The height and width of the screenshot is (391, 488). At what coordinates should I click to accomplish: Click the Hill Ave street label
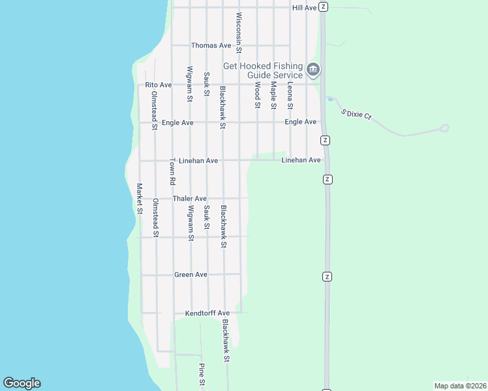coord(304,7)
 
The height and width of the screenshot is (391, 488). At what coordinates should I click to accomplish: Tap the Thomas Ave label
coord(211,46)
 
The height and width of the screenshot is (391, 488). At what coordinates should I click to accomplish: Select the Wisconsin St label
coord(239,33)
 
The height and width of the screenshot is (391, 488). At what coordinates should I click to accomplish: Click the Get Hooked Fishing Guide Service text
coord(263,70)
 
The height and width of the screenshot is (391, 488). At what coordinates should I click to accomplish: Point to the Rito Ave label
coord(158,85)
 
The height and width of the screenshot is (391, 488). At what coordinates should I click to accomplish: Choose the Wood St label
coord(258,95)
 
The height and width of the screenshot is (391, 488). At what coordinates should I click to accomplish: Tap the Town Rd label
coord(173,171)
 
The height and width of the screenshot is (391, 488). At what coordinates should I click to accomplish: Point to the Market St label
coord(140,198)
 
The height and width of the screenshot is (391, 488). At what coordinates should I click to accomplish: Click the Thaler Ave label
coord(189,199)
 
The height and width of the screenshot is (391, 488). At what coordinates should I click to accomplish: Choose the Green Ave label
coord(191,275)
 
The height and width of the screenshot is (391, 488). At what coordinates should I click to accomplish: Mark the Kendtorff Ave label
coord(207,313)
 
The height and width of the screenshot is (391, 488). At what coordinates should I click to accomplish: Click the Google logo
coord(22,383)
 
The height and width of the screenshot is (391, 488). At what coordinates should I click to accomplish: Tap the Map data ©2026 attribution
coord(460,385)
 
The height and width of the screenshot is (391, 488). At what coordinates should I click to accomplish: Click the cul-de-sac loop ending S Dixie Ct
coord(444,128)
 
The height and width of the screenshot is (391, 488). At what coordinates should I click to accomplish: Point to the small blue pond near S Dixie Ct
coord(331,100)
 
